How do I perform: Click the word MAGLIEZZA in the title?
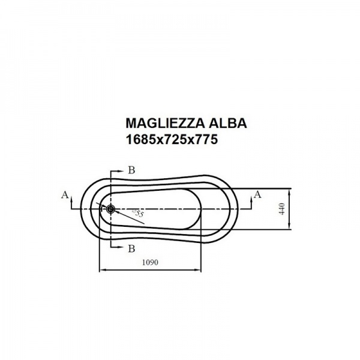click(165, 123)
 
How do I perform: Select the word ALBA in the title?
click(227, 123)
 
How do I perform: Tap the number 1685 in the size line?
click(141, 139)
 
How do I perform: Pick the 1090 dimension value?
click(150, 262)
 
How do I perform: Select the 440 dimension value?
click(282, 209)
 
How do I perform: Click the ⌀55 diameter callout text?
click(138, 213)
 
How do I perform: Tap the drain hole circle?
click(110, 209)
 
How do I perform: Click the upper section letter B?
click(131, 170)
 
